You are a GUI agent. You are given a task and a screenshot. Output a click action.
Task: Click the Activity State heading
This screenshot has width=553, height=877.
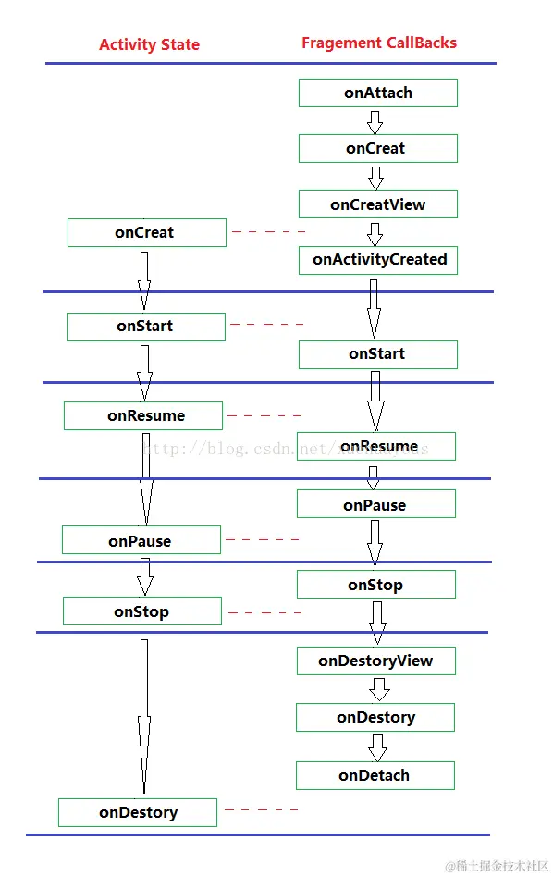coord(149,44)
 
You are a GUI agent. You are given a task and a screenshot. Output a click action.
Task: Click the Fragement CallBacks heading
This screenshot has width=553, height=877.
coord(379,43)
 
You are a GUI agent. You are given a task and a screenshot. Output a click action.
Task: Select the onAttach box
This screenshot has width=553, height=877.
coord(377,93)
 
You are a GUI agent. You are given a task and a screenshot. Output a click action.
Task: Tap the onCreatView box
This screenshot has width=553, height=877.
coord(377,204)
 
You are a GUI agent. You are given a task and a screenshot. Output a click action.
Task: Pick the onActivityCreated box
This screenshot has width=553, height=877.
coord(378,260)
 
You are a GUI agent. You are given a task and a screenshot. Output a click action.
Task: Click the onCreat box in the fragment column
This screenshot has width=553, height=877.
coord(377,148)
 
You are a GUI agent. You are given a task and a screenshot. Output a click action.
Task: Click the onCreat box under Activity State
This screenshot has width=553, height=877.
coord(146,233)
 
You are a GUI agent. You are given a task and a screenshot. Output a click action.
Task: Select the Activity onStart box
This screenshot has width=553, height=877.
coord(145,327)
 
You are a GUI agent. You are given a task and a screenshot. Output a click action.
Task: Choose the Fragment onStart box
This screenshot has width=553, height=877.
coord(377,354)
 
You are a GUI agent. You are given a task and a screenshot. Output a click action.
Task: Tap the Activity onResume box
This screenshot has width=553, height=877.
coord(143,415)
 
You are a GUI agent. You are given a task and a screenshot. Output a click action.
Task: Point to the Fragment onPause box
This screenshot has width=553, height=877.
coord(375,504)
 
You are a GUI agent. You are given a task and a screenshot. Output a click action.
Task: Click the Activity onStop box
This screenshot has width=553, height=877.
coord(141,611)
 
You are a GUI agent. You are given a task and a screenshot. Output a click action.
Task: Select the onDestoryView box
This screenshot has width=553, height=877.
coord(375,661)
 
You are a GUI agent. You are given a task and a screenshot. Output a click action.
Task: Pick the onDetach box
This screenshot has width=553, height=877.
coord(375,775)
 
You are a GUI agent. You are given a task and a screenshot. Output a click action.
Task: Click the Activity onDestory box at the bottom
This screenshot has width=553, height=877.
coord(138,812)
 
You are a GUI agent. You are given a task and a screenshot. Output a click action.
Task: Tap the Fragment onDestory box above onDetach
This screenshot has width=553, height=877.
coord(375,718)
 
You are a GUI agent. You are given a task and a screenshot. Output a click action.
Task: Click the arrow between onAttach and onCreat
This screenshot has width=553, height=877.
coord(375,121)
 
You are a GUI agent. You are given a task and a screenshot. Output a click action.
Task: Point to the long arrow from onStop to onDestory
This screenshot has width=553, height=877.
coord(143,717)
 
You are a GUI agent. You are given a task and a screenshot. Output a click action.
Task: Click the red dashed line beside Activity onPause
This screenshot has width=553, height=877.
coord(263,539)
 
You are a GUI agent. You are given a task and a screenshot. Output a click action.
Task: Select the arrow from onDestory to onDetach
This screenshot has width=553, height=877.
coord(377,747)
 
